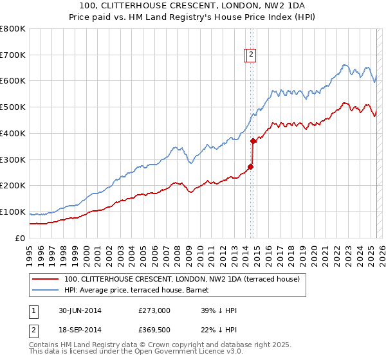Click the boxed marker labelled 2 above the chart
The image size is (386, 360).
coord(251,55)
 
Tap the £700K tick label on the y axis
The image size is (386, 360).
coord(13,55)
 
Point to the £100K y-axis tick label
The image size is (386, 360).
coord(13,212)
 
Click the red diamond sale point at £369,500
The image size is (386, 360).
coord(253,141)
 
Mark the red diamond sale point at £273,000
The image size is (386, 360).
coord(251,166)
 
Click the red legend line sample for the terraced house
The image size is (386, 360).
coord(45,280)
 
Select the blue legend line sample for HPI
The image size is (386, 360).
coord(45,291)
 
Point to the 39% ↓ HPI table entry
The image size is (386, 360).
coord(219,311)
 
